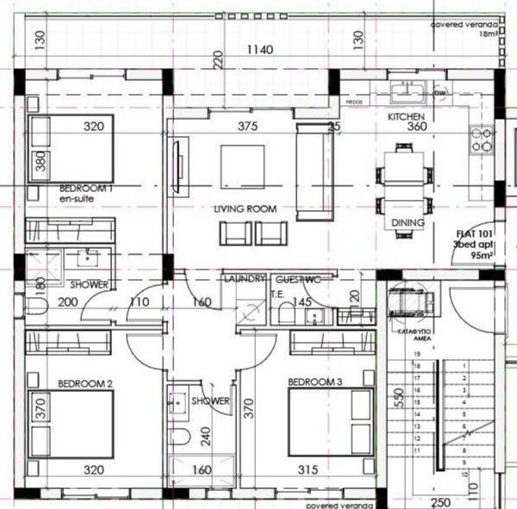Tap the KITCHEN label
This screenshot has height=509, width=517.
(406, 115)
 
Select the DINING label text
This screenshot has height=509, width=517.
(408, 223)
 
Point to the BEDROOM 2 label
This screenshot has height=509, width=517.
(84, 382)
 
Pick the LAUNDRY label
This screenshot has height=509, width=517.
(244, 280)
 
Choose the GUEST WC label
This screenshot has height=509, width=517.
(298, 280)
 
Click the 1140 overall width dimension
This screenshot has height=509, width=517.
(258, 50)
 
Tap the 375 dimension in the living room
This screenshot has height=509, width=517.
(248, 126)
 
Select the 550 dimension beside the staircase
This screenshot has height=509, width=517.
(399, 397)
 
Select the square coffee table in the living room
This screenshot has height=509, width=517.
(242, 165)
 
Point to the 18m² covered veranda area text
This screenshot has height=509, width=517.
(489, 34)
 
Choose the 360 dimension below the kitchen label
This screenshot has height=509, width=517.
(417, 127)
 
